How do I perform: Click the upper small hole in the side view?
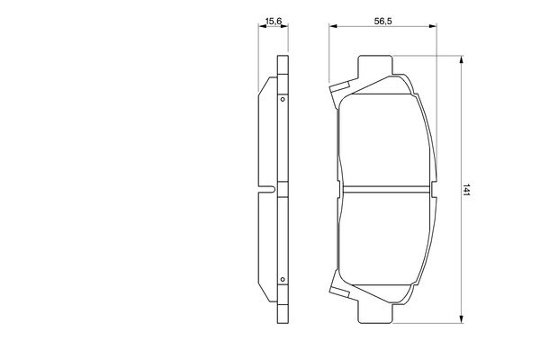tap(283, 99)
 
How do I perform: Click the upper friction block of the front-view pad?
tap(384, 135)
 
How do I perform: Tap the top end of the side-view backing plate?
tap(283, 62)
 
